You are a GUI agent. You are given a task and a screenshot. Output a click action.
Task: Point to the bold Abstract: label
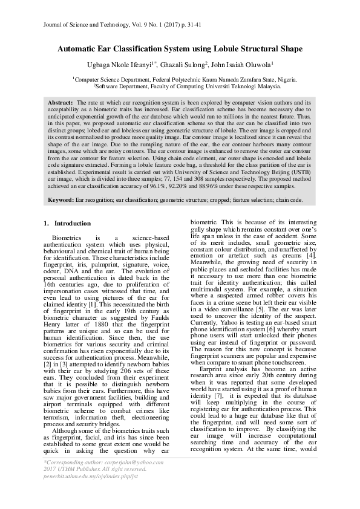tap(60, 103)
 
